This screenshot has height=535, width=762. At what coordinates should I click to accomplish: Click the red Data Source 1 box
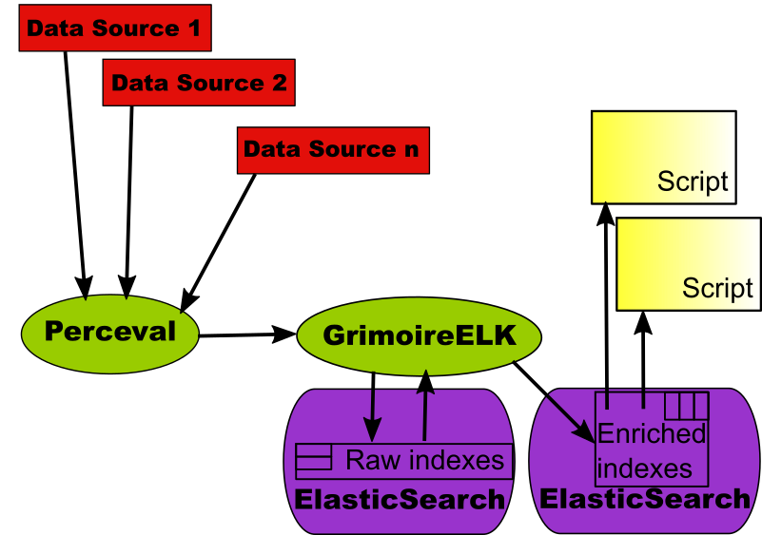[114, 29]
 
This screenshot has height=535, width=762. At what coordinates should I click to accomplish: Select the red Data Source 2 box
[199, 83]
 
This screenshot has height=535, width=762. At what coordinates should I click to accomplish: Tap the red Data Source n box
[333, 150]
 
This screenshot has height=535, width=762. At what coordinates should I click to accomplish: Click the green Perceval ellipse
[110, 332]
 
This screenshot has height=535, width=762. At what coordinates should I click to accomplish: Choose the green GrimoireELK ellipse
[419, 335]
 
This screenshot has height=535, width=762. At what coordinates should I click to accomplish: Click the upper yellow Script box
[663, 157]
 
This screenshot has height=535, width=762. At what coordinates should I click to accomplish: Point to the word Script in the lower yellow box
[717, 288]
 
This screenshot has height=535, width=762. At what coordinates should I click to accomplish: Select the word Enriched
[652, 434]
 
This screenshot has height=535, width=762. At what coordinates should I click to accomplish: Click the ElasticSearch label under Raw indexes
[400, 499]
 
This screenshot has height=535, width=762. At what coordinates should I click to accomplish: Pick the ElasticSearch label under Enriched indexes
[645, 499]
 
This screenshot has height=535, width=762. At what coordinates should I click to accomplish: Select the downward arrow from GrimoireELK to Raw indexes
[372, 404]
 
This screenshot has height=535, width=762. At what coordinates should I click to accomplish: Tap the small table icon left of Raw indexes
[314, 461]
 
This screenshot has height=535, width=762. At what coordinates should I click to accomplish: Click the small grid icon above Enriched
[686, 406]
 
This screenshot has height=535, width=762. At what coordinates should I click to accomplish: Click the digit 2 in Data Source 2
[279, 83]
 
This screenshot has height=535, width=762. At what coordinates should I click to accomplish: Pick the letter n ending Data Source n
[411, 150]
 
